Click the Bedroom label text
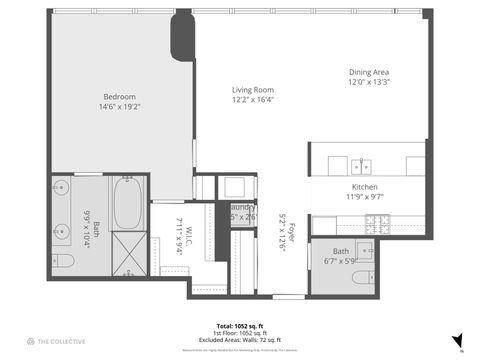(x=119, y=96)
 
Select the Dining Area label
(x=369, y=73)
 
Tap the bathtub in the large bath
(x=128, y=203)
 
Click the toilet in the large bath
(x=62, y=261)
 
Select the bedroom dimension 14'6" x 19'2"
(x=119, y=106)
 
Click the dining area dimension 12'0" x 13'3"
(x=369, y=83)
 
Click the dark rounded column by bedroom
(x=182, y=37)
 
